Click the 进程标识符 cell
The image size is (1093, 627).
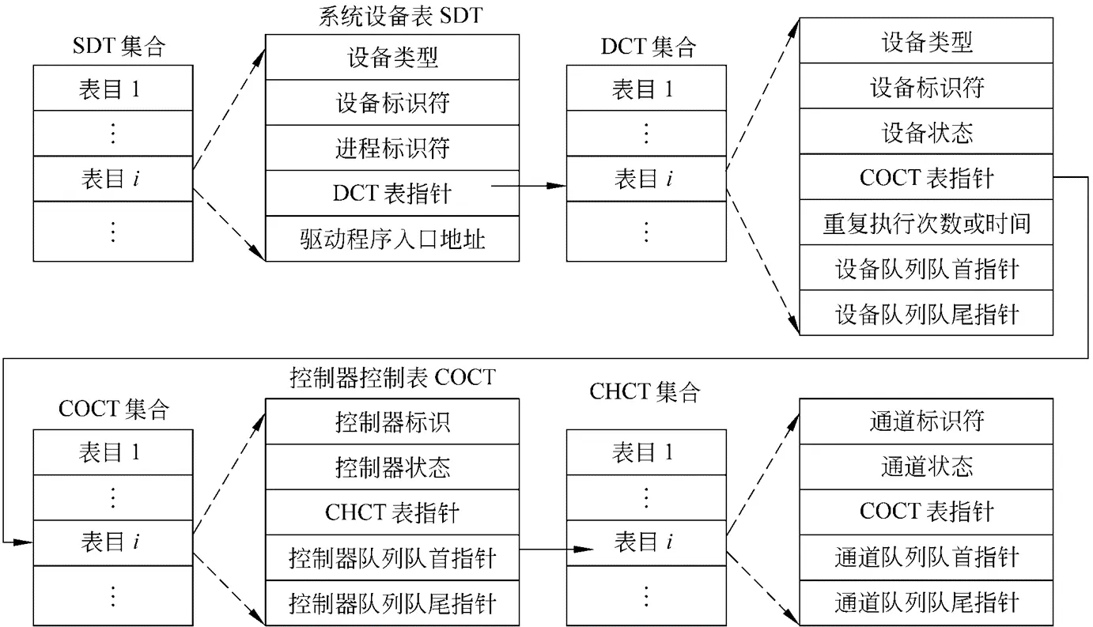pos(392,148)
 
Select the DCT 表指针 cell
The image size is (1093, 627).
pos(392,193)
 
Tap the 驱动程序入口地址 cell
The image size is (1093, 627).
pos(392,239)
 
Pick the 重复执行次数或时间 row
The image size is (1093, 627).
pos(926,222)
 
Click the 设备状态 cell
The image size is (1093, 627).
pos(926,132)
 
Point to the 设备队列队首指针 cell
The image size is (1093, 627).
pos(926,268)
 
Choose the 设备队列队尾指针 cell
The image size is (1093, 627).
pos(926,313)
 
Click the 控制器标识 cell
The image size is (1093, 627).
pos(392,421)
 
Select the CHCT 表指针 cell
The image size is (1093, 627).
pos(392,512)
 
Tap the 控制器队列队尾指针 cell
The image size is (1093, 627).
pos(392,603)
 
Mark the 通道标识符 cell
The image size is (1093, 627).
pos(926,421)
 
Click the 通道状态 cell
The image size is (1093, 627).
pos(926,467)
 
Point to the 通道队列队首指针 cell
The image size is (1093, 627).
pos(926,557)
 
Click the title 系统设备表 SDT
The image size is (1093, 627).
pos(401,16)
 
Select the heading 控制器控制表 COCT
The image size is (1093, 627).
pos(393,377)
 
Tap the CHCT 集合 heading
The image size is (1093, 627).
pos(645,392)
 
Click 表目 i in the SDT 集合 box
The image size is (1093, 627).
pos(111,179)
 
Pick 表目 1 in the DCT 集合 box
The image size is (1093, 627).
pos(643,89)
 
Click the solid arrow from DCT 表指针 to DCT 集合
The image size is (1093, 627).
pos(529,186)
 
